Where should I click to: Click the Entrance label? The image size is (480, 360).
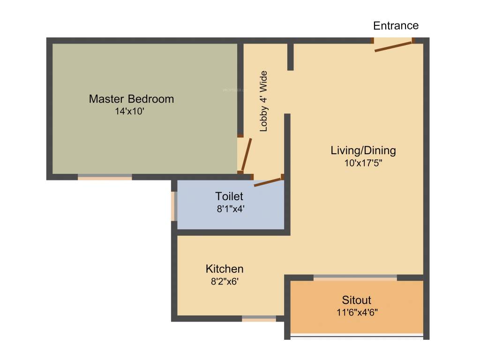pyautogui.click(x=396, y=25)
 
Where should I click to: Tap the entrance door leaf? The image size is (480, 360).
pyautogui.click(x=393, y=46)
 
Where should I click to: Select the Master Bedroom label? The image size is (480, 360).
pyautogui.click(x=131, y=99)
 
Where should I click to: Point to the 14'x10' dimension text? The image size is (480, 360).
pyautogui.click(x=129, y=111)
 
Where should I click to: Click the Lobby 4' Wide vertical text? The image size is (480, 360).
pyautogui.click(x=263, y=101)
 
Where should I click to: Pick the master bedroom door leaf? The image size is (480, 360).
pyautogui.click(x=247, y=155)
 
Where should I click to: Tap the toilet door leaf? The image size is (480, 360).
pyautogui.click(x=268, y=182)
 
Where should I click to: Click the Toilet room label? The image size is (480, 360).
pyautogui.click(x=229, y=196)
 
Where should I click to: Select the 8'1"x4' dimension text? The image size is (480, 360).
pyautogui.click(x=231, y=209)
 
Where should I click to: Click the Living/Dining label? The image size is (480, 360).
pyautogui.click(x=363, y=150)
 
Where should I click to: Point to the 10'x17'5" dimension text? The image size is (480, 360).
pyautogui.click(x=363, y=163)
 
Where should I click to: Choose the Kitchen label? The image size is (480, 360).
pyautogui.click(x=225, y=269)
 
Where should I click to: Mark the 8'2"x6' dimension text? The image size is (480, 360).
pyautogui.click(x=225, y=281)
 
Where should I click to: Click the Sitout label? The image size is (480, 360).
pyautogui.click(x=356, y=300)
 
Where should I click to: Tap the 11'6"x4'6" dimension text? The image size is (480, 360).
pyautogui.click(x=357, y=312)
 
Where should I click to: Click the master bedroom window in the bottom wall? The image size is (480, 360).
pyautogui.click(x=105, y=177)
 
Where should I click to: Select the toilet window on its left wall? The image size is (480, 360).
pyautogui.click(x=174, y=206)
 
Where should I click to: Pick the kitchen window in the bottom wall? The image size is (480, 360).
pyautogui.click(x=259, y=319)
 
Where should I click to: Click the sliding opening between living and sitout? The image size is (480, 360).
pyautogui.click(x=355, y=277)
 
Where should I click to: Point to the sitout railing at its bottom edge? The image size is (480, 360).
pyautogui.click(x=357, y=337)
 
